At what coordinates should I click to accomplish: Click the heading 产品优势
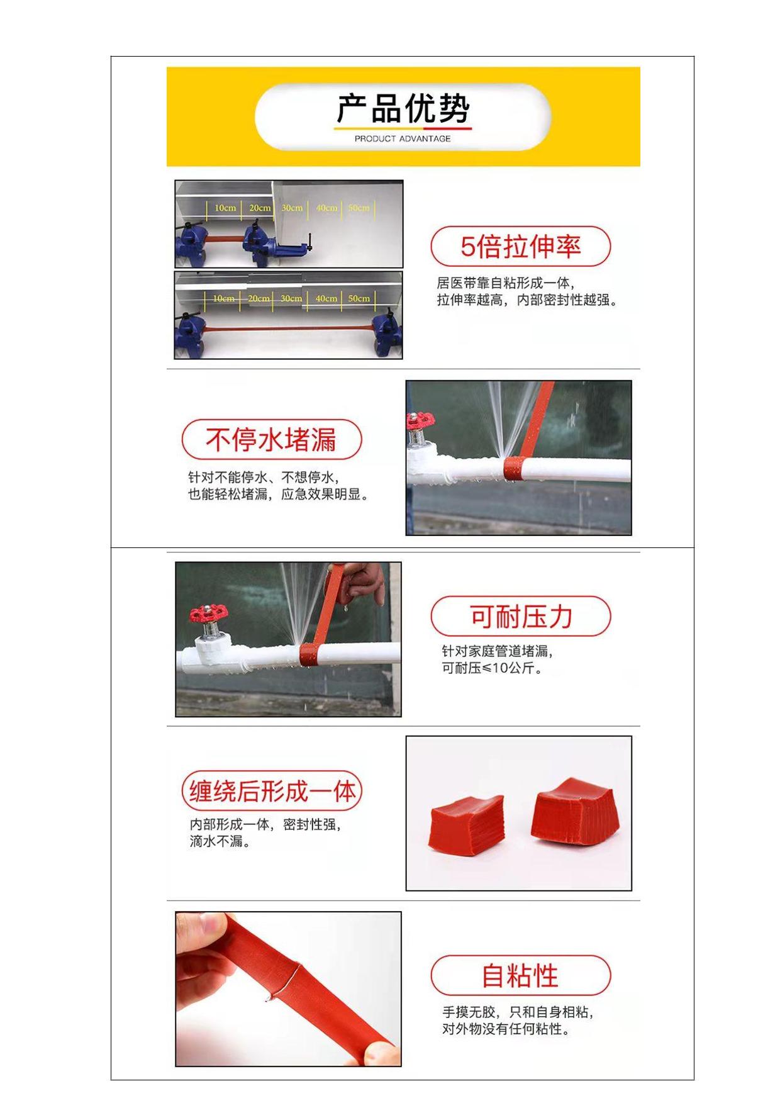[x=403, y=109]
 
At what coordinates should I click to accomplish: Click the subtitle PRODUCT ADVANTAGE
[x=403, y=138]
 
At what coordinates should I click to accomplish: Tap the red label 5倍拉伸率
[x=521, y=246]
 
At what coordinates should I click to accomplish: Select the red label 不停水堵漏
[x=272, y=439]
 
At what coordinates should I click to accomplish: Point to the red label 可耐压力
[x=521, y=617]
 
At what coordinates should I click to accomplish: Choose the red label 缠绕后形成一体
[x=272, y=791]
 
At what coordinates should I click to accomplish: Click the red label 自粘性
[x=521, y=975]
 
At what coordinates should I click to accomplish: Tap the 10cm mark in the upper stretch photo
[x=225, y=208]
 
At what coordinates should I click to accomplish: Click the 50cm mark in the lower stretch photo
[x=359, y=298]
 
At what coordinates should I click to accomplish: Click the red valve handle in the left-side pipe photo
[x=208, y=612]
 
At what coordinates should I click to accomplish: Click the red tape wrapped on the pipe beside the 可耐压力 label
[x=308, y=654]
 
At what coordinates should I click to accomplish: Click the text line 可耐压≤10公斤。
[x=493, y=668]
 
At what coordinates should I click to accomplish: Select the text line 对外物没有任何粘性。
[x=506, y=1029]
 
